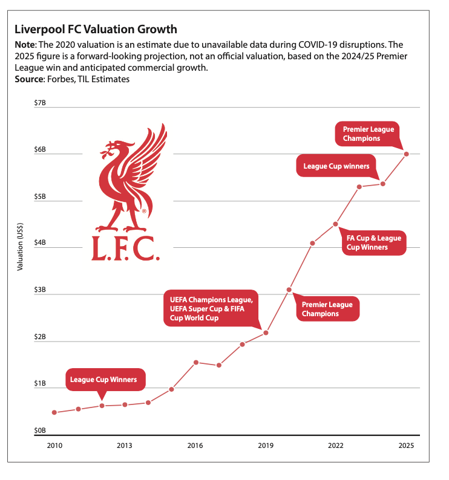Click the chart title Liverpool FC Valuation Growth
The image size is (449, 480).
(x=96, y=29)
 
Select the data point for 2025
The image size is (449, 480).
(x=407, y=154)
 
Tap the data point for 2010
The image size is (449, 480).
(x=54, y=412)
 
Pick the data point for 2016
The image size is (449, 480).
(x=195, y=362)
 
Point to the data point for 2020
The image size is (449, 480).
(x=289, y=290)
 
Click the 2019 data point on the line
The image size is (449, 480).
(x=266, y=333)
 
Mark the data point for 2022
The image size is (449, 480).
(x=336, y=224)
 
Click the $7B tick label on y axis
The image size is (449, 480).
(x=40, y=103)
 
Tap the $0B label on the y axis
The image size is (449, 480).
(x=40, y=431)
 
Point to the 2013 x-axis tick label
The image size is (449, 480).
(x=125, y=446)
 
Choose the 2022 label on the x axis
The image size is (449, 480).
(x=336, y=446)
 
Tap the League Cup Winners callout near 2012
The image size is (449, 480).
(x=103, y=380)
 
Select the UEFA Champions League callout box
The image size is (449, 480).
(x=211, y=308)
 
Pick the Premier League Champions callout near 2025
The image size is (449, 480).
(x=369, y=134)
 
